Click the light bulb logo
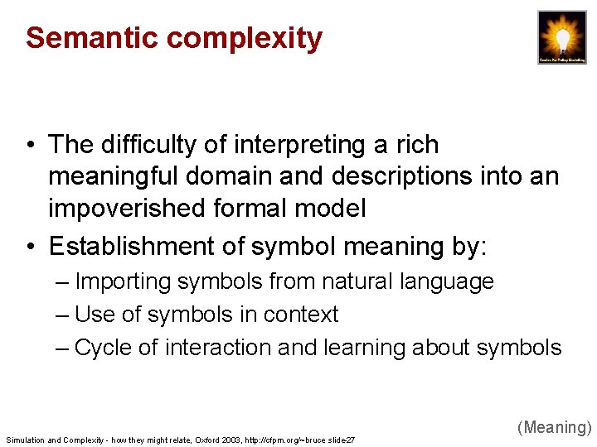point(561,37)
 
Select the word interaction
point(218,348)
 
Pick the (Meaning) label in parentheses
point(554,428)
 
